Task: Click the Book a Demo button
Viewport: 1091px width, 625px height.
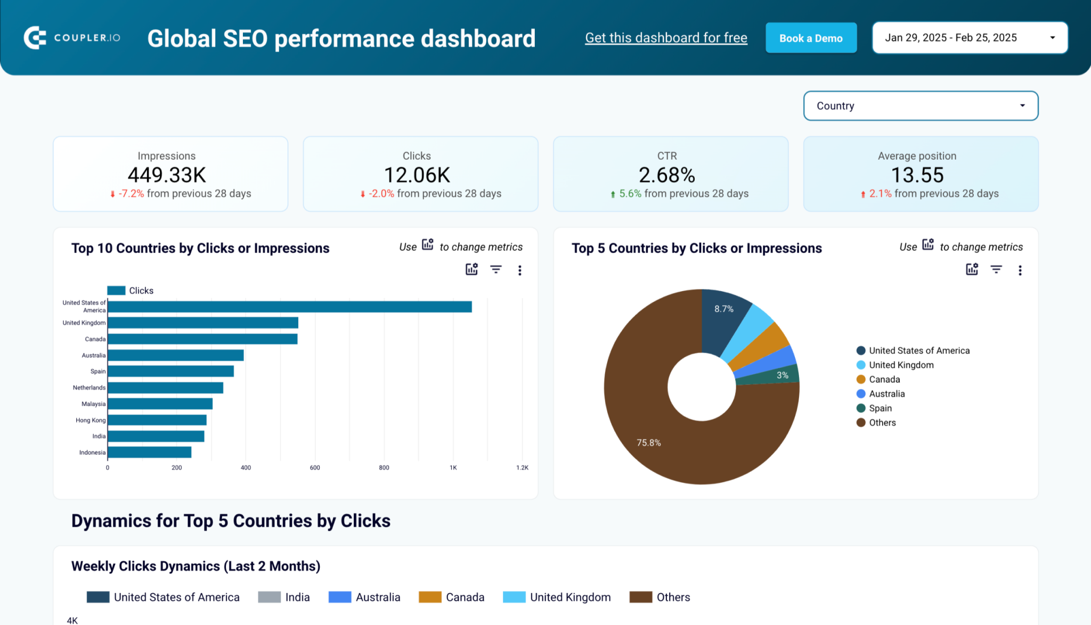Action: (811, 38)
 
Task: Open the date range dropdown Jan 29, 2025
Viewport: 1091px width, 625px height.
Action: (970, 38)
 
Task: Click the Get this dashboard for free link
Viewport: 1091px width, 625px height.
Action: (666, 38)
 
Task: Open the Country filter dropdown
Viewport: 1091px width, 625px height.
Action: (920, 106)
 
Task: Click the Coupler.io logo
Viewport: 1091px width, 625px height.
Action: (72, 38)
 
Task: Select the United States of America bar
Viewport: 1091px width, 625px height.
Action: (289, 307)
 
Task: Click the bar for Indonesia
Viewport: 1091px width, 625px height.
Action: (150, 453)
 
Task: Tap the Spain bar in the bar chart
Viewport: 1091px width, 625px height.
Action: (170, 371)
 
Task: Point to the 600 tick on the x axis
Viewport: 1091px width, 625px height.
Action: (315, 467)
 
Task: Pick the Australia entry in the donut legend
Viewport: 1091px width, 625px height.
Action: (886, 394)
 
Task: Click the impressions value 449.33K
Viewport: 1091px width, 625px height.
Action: (167, 175)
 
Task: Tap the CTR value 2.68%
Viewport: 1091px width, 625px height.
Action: (667, 175)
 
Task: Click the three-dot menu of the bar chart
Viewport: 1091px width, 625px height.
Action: (519, 270)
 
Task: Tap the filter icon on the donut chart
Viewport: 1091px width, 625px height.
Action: (996, 270)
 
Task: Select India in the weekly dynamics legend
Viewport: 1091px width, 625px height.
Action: (296, 597)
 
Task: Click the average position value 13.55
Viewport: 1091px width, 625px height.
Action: (917, 175)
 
